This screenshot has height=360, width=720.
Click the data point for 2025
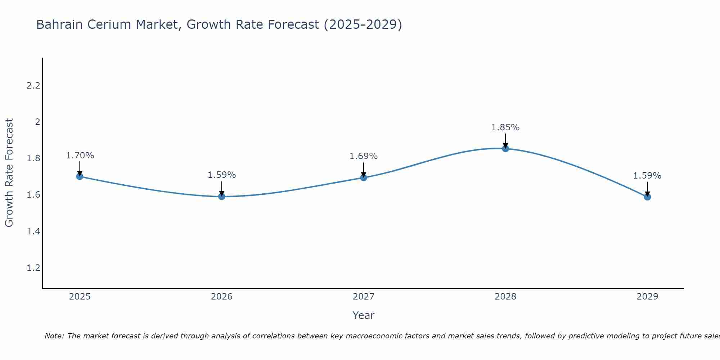tap(80, 176)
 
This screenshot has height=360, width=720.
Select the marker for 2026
tap(222, 196)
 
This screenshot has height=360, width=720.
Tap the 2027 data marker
tap(364, 177)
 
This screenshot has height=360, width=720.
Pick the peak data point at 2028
tap(505, 148)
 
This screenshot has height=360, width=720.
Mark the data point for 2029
tap(647, 197)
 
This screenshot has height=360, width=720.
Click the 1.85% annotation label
tap(505, 127)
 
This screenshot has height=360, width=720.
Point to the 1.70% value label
tap(80, 156)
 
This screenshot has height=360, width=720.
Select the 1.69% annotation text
tap(364, 156)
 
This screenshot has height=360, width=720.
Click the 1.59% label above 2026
tap(222, 175)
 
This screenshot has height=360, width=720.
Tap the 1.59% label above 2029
tap(647, 176)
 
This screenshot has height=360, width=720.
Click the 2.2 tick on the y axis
tap(33, 86)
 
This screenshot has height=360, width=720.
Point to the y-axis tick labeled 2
tap(37, 122)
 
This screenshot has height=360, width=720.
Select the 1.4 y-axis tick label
tap(33, 231)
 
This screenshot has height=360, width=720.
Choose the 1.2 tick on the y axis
tap(33, 268)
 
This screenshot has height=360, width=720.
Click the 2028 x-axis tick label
tap(505, 297)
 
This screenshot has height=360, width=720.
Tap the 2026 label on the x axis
tap(222, 297)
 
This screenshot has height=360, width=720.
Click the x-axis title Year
tap(364, 315)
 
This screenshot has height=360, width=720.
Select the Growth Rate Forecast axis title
tap(9, 173)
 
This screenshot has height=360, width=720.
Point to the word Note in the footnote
tap(54, 336)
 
